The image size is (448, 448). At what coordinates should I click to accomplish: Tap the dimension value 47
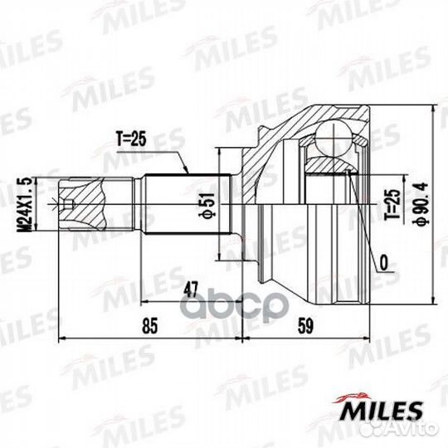tap(191, 290)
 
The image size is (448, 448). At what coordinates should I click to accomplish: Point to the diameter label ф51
tap(207, 205)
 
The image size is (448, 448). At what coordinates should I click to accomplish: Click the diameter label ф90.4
tap(422, 204)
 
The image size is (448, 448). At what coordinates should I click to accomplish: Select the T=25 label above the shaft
tap(131, 139)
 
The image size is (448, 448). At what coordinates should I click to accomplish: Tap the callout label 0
tap(384, 262)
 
